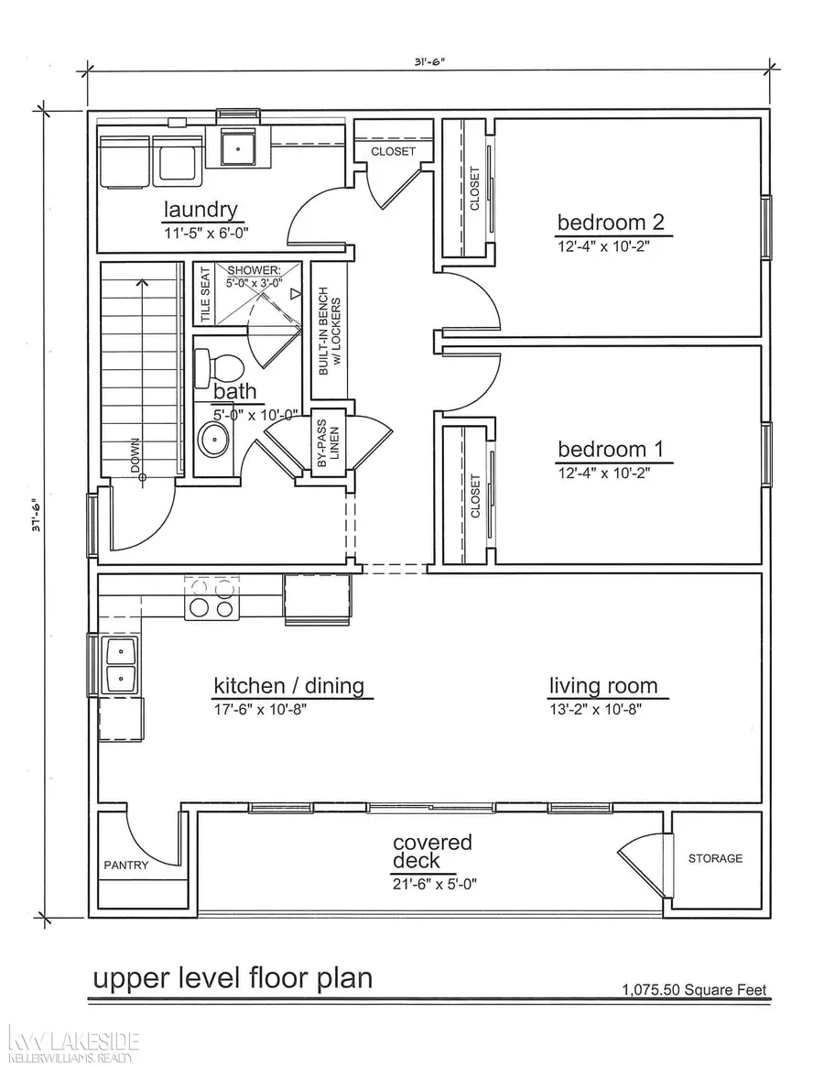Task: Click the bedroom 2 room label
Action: (610, 222)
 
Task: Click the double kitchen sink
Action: (121, 665)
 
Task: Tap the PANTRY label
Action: (125, 865)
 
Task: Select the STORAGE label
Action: (715, 858)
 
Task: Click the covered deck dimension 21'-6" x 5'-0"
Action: (435, 884)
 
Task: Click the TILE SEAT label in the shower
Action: (205, 293)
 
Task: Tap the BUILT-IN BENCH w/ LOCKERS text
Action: (329, 330)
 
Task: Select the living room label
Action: (602, 685)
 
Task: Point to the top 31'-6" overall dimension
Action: (428, 63)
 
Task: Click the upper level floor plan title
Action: (233, 977)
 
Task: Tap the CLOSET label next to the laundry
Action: (393, 151)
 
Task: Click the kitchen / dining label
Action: (288, 685)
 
